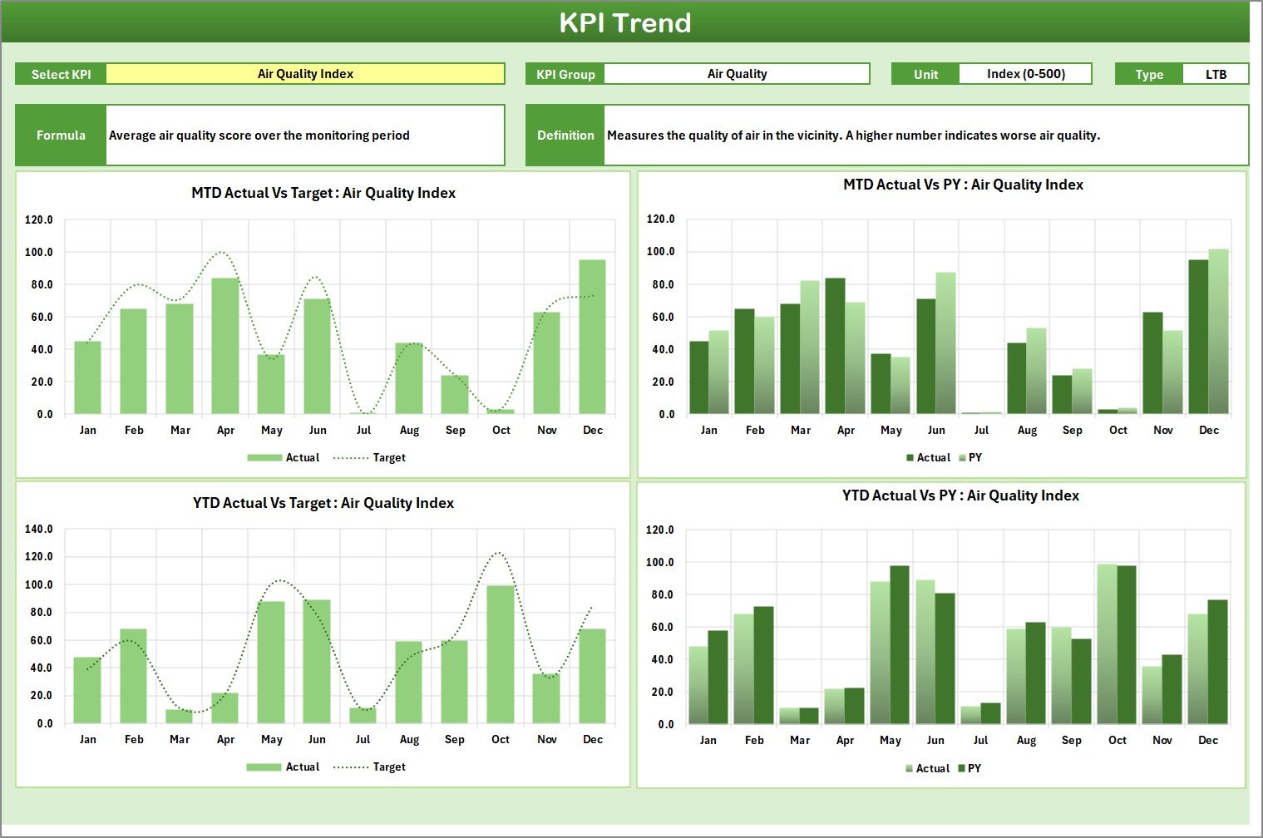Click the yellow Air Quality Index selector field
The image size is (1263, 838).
click(x=305, y=74)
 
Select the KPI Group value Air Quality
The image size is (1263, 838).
click(x=737, y=74)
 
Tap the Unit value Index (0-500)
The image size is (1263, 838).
click(x=1025, y=74)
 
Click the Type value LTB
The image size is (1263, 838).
click(x=1216, y=75)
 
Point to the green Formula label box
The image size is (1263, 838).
click(x=61, y=136)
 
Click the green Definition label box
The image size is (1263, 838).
click(x=565, y=136)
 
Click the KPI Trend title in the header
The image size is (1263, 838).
click(x=625, y=22)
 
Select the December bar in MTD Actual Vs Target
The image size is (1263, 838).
click(x=593, y=337)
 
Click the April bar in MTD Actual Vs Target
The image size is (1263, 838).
click(x=225, y=346)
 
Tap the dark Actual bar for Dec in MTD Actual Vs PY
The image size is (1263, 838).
click(x=1198, y=337)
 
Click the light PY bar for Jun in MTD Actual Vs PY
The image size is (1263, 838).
click(x=945, y=343)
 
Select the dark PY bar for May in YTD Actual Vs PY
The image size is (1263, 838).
click(x=900, y=644)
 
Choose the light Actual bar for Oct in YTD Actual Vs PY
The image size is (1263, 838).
click(x=1107, y=643)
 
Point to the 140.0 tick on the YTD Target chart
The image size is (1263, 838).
click(x=39, y=529)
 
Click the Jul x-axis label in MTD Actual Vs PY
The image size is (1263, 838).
click(x=981, y=431)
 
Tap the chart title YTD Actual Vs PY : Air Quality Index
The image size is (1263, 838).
click(x=960, y=495)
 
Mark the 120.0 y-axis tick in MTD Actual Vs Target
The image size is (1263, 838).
click(x=39, y=220)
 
